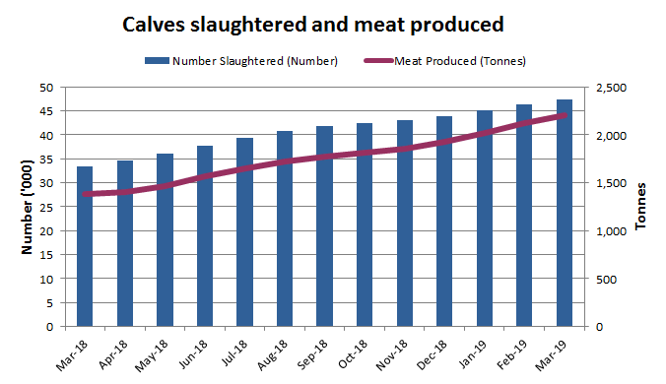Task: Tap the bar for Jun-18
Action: [x=205, y=236]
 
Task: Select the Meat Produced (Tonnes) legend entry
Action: [x=459, y=61]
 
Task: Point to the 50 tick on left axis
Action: [x=45, y=88]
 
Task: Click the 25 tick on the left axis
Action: [x=45, y=207]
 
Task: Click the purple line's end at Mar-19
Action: [x=565, y=115]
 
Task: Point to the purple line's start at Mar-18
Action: [x=85, y=194]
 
